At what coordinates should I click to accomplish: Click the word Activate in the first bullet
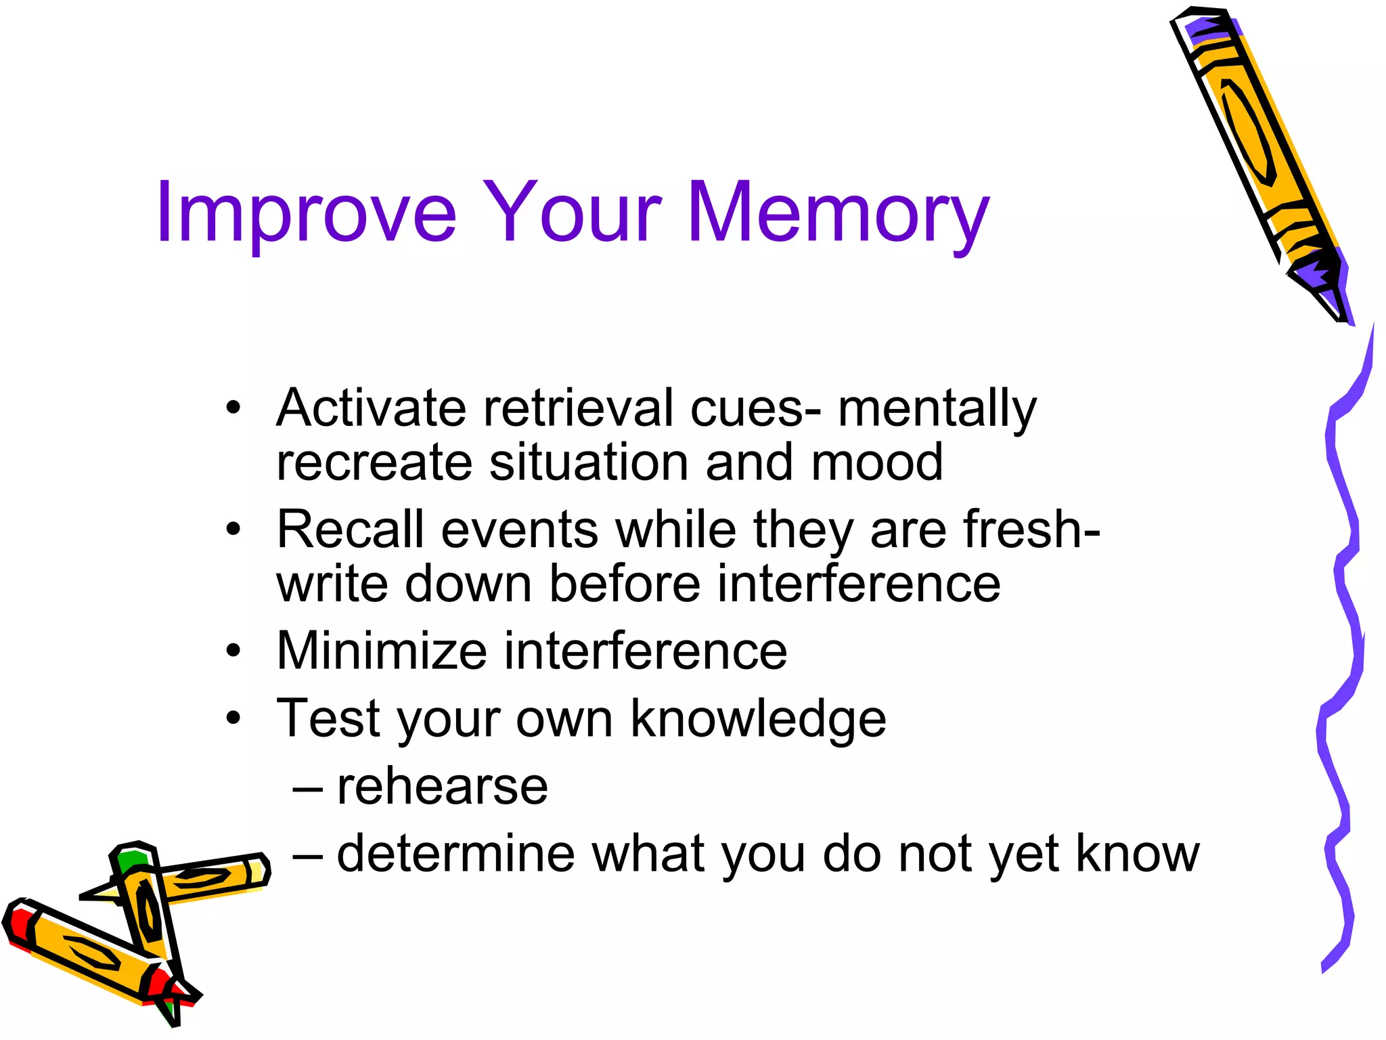371,408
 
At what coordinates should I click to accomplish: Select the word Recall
350,529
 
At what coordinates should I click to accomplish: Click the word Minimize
382,651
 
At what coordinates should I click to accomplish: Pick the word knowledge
758,719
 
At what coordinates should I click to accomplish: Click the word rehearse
442,787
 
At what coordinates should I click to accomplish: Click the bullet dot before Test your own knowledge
233,718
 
